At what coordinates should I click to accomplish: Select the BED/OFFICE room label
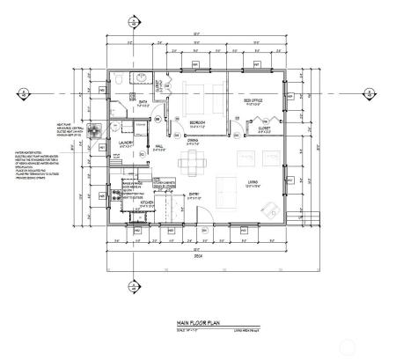[252, 101]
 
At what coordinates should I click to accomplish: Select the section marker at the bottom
[134, 287]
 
